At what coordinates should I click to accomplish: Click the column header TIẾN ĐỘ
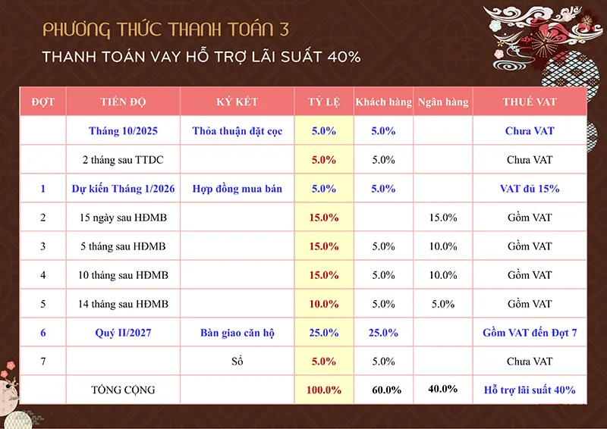[x=123, y=102]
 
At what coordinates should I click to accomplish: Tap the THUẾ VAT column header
[x=530, y=102]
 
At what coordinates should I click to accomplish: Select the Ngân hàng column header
[x=443, y=102]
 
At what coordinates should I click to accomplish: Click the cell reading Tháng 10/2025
[x=123, y=131]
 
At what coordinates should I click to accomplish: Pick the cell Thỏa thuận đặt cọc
[x=237, y=131]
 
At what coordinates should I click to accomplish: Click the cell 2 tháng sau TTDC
[x=123, y=160]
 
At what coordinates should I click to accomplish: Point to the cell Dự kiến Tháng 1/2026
[x=123, y=189]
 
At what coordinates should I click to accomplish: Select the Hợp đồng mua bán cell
[x=237, y=189]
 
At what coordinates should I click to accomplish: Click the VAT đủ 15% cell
[x=530, y=189]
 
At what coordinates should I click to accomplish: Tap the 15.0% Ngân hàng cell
[x=443, y=218]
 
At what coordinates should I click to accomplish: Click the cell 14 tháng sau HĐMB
[x=123, y=304]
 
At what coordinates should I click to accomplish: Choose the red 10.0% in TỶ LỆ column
[x=324, y=304]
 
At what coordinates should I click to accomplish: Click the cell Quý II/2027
[x=123, y=333]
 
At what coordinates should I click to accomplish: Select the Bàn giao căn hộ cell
[x=237, y=333]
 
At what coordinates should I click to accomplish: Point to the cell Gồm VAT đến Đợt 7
[x=530, y=333]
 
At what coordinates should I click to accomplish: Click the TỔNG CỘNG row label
[x=123, y=390]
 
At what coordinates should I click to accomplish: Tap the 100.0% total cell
[x=324, y=390]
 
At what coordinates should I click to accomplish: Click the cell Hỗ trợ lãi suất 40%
[x=530, y=390]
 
